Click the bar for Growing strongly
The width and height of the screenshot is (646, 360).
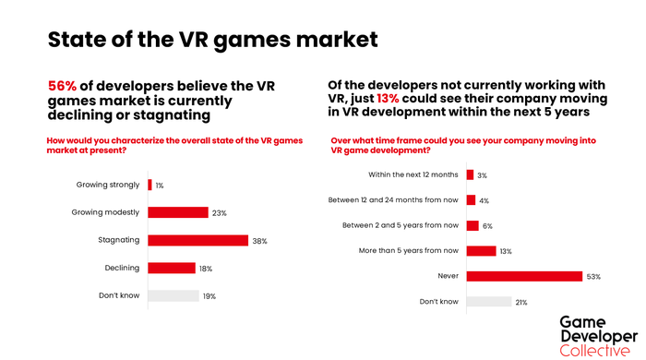coord(150,185)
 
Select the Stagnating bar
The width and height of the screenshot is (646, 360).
coord(197,240)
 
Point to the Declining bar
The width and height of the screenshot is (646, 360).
coord(172,268)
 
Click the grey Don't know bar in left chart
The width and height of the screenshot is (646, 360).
coord(173,295)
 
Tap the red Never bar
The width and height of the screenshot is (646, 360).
coord(524,275)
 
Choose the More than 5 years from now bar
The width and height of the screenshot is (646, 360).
coord(482,250)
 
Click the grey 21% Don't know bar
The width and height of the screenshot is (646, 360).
coord(489,301)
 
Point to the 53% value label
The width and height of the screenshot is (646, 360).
coord(595,275)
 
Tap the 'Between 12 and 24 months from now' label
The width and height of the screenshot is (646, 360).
coord(394,199)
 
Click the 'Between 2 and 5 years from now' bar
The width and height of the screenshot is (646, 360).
coord(473,225)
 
